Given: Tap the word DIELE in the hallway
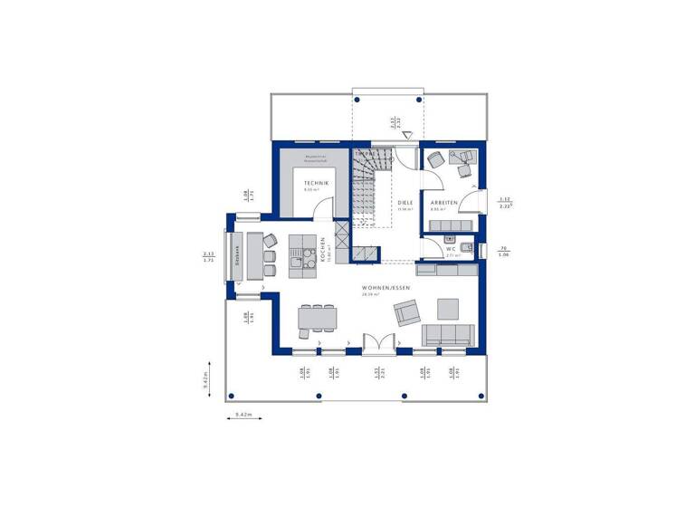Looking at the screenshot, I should click(x=405, y=203).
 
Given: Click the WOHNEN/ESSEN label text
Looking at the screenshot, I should click(x=386, y=288).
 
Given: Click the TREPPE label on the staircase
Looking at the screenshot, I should click(x=365, y=154).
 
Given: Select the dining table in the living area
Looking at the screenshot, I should click(x=317, y=318).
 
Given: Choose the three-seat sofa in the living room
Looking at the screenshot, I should click(x=448, y=335).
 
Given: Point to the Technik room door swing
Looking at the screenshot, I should click(x=320, y=209).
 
